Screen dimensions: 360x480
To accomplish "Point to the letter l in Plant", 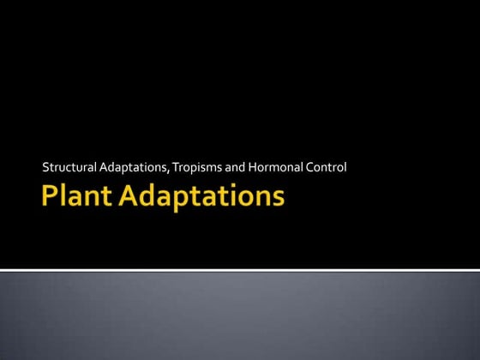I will click(x=63, y=196).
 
